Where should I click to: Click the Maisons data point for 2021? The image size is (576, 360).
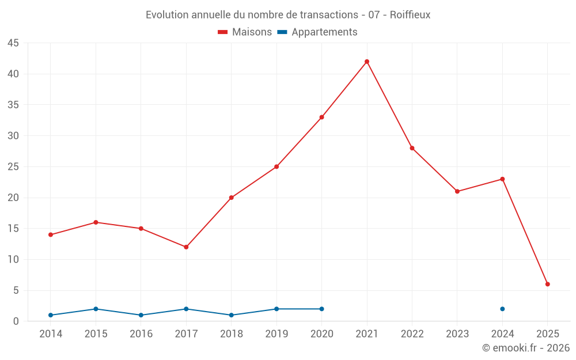tap(367, 62)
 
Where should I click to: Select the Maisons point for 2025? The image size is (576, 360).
tap(547, 284)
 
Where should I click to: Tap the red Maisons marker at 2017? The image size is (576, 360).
tap(186, 247)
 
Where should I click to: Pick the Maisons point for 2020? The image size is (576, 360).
tap(321, 117)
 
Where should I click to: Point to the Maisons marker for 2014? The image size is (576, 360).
tap(51, 234)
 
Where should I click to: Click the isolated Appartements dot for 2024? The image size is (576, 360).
tap(502, 309)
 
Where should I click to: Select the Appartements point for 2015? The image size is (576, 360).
tap(96, 309)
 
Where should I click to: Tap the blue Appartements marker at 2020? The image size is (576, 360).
tap(321, 309)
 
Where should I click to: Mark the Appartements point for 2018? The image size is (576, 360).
tap(231, 315)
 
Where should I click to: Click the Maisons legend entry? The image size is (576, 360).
tap(245, 32)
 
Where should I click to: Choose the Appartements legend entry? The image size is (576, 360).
tap(317, 32)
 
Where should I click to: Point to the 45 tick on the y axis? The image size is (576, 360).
tap(13, 43)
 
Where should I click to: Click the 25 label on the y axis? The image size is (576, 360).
tap(13, 167)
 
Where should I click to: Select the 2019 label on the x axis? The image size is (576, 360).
tap(276, 334)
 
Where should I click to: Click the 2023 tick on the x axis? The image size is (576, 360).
tap(457, 334)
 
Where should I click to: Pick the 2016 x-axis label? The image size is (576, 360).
tap(141, 334)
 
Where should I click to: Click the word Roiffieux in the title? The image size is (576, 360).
tap(410, 15)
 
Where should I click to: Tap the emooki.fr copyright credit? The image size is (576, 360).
tap(525, 348)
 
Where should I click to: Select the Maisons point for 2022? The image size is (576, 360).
tap(412, 148)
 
